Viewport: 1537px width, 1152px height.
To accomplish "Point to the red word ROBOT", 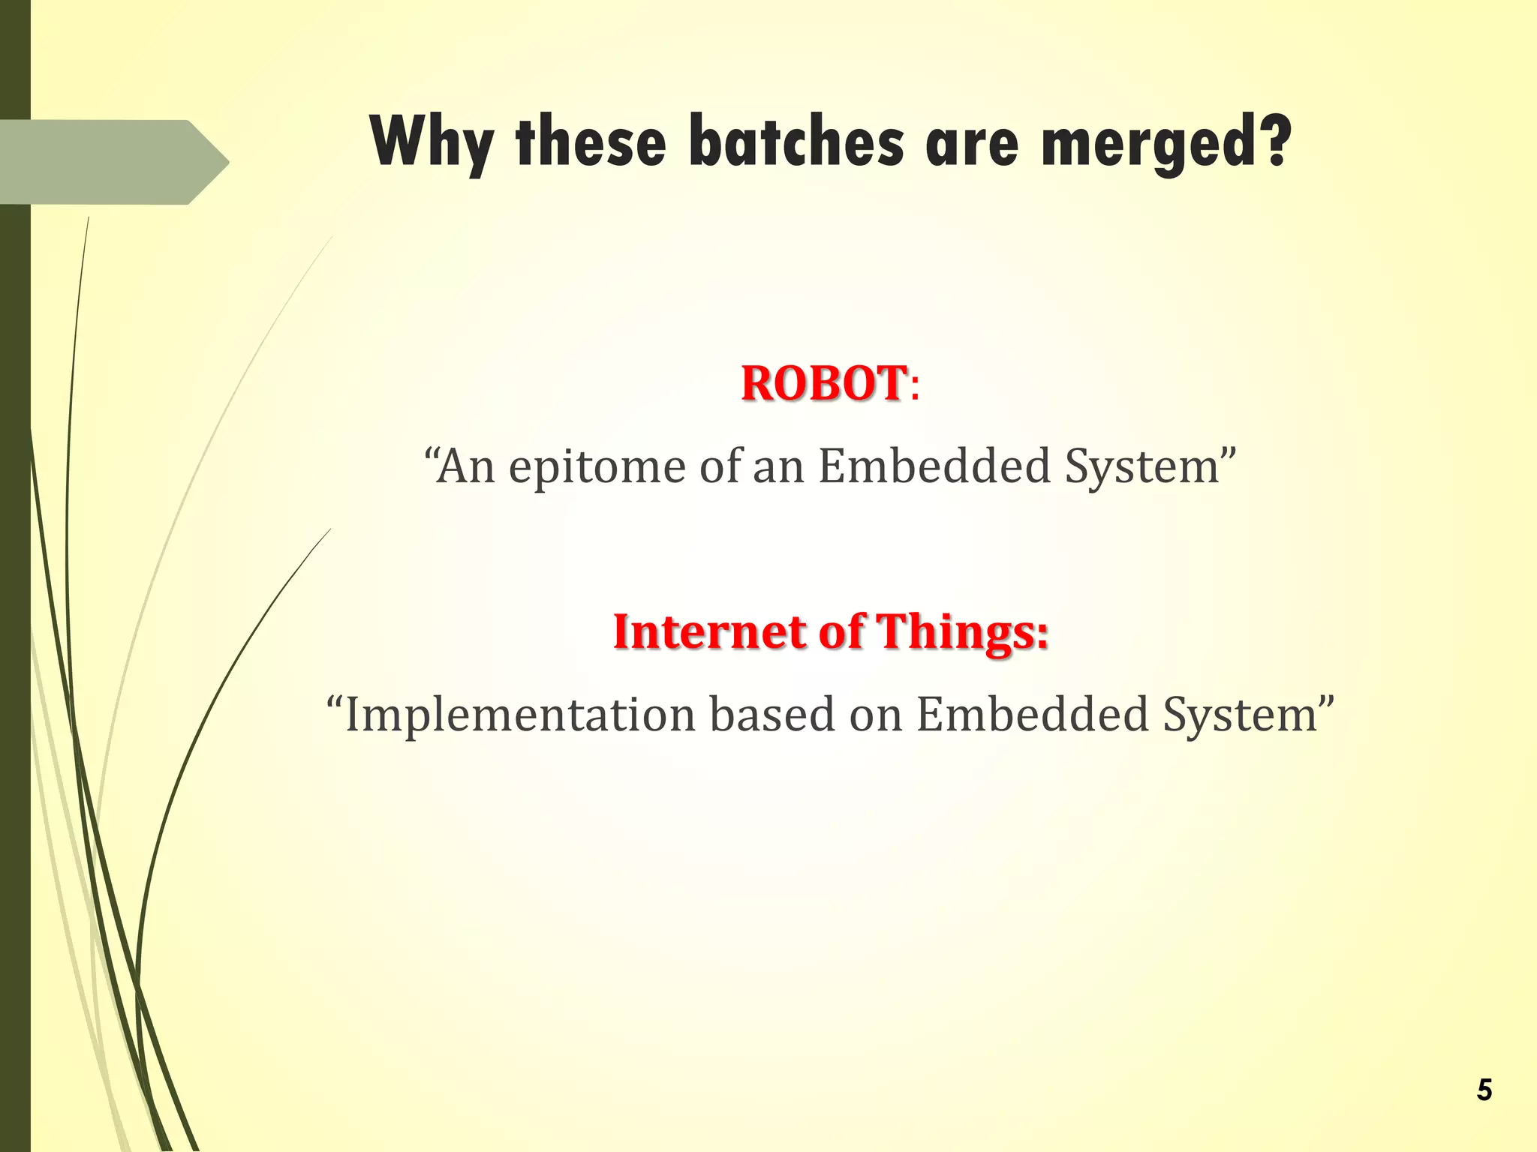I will (x=823, y=383).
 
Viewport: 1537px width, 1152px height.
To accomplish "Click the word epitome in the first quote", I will (x=597, y=466).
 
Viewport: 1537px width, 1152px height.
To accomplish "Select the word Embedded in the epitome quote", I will (x=934, y=466).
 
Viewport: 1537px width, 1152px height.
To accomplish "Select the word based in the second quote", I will (x=772, y=714).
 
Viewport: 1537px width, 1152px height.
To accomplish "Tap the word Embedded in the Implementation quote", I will (x=1033, y=714).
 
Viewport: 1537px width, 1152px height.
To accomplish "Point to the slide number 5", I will (x=1484, y=1090).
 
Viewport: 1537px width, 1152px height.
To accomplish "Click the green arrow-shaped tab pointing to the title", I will (x=113, y=162).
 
